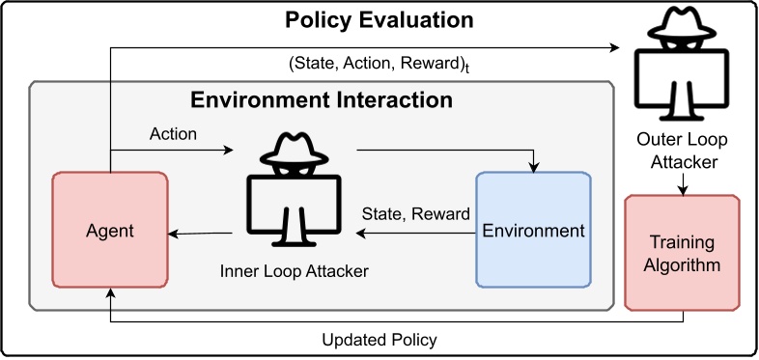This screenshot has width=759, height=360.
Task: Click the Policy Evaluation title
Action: [379, 20]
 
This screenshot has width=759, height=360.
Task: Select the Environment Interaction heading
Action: [321, 100]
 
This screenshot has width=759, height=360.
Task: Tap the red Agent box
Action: [109, 231]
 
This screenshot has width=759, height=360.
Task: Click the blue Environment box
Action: [533, 231]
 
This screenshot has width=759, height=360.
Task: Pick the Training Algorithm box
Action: [683, 252]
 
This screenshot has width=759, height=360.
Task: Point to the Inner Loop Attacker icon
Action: [294, 187]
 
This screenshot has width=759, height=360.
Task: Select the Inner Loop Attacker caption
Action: [294, 270]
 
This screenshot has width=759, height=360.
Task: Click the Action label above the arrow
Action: [174, 134]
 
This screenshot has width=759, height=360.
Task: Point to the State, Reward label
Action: [415, 213]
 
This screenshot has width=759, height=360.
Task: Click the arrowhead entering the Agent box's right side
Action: [175, 233]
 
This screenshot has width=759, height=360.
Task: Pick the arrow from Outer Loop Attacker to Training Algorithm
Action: [683, 183]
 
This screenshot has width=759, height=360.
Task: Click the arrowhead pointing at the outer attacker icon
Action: [614, 45]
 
